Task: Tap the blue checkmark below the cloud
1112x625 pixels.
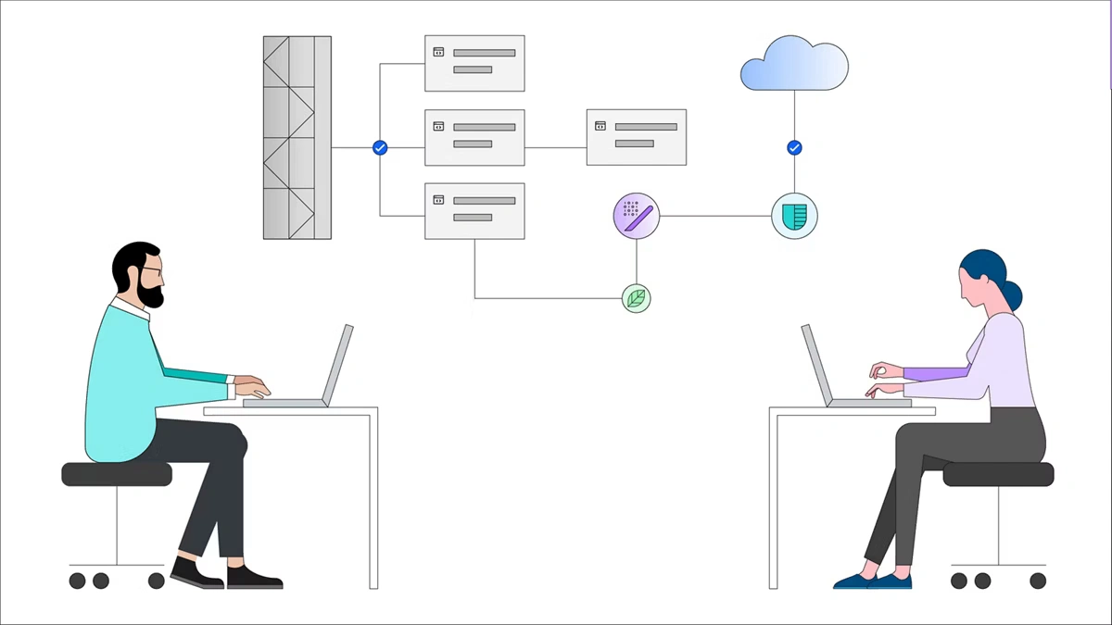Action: pyautogui.click(x=794, y=147)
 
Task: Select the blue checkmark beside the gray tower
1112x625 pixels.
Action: pyautogui.click(x=379, y=147)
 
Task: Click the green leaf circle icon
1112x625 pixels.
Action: pyautogui.click(x=637, y=298)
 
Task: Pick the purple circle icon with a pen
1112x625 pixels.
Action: pyautogui.click(x=637, y=216)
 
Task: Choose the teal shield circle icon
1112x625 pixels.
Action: pyautogui.click(x=794, y=216)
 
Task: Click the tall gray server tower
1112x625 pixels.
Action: pyautogui.click(x=297, y=137)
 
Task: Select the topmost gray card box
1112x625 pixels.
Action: pyautogui.click(x=474, y=63)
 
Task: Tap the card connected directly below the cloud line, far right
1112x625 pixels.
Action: pyautogui.click(x=637, y=137)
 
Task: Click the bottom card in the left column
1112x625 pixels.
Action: pyautogui.click(x=474, y=210)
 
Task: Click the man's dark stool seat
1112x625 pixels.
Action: pyautogui.click(x=117, y=474)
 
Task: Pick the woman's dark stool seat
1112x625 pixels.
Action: pyautogui.click(x=998, y=474)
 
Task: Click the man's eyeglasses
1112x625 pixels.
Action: pyautogui.click(x=151, y=269)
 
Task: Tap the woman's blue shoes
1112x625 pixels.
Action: pyautogui.click(x=872, y=581)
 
